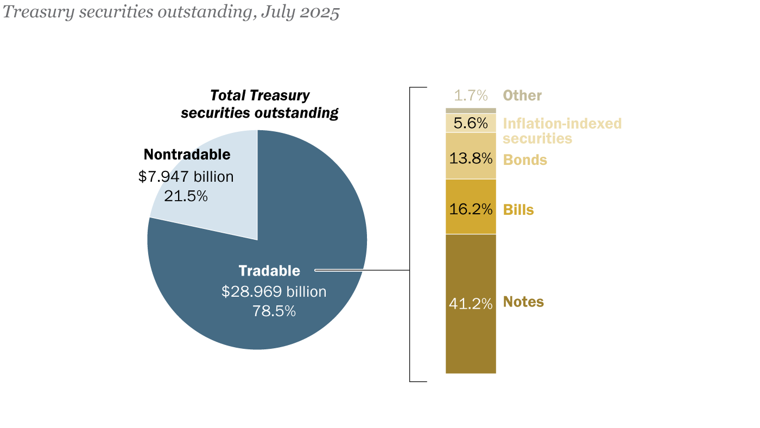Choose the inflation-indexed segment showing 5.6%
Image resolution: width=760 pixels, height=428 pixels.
(471, 123)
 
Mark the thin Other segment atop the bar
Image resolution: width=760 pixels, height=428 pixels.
(471, 111)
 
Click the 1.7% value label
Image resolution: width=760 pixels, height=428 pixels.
(471, 96)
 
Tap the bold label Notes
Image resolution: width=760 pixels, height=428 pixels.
(523, 302)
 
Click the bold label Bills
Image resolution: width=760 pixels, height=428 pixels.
(518, 210)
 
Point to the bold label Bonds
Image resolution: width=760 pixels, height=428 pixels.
(525, 160)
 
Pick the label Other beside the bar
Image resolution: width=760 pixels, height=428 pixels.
(522, 96)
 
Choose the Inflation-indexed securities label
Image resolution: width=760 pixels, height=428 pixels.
(562, 131)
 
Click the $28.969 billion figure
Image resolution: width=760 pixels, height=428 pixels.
(274, 292)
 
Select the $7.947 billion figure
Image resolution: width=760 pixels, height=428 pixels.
(186, 177)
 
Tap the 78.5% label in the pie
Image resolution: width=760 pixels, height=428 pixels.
(274, 311)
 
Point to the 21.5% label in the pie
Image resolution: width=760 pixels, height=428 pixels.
(186, 196)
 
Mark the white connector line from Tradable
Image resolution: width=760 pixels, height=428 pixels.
(361, 270)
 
